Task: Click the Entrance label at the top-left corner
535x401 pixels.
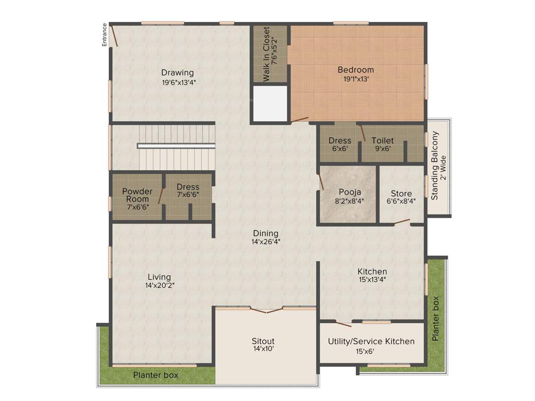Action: pos(104,35)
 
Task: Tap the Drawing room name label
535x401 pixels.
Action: pos(177,73)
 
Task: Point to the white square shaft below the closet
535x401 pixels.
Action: pos(270,103)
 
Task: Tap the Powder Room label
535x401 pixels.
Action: pos(137,195)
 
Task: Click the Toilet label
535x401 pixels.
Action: pos(382,140)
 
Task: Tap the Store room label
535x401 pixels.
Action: pos(401,193)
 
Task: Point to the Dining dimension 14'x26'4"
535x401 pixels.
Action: pos(266,242)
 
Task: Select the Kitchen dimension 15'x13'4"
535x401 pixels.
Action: pos(372,280)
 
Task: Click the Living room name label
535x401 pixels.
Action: pos(159,277)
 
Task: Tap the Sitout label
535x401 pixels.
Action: pos(263,341)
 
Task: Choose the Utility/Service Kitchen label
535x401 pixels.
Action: pos(371,341)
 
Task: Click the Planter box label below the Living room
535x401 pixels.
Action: pos(155,375)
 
